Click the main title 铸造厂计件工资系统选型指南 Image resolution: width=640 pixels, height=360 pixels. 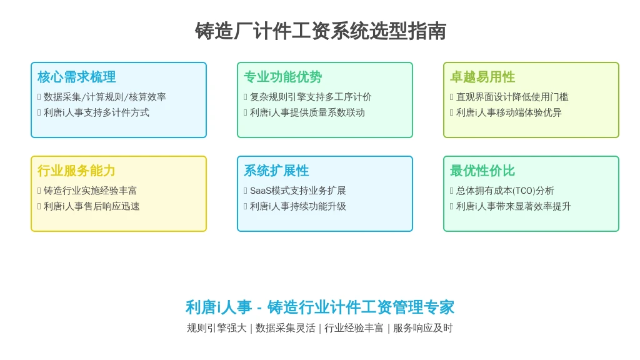click(321, 31)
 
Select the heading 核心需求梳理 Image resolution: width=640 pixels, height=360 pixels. click(77, 77)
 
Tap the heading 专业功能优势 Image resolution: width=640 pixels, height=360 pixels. click(283, 77)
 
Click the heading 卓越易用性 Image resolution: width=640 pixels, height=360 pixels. click(482, 77)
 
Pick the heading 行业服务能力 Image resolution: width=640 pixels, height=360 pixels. click(76, 171)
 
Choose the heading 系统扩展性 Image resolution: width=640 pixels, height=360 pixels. click(276, 171)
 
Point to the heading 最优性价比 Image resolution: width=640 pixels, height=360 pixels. click(482, 171)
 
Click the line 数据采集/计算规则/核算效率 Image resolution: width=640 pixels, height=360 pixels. click(105, 97)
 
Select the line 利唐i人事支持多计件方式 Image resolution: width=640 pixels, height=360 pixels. click(96, 112)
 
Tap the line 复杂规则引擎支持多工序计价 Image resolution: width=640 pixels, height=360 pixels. click(311, 97)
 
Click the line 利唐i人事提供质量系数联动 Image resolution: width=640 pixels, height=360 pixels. click(307, 112)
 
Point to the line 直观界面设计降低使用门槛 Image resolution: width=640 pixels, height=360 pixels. click(512, 97)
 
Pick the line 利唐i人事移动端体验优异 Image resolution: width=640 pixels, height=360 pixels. click(509, 112)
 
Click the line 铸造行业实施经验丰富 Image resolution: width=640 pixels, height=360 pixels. click(90, 191)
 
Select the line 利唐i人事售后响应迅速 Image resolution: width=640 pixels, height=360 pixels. click(91, 206)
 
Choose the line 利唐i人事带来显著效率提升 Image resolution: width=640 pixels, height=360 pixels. click(514, 206)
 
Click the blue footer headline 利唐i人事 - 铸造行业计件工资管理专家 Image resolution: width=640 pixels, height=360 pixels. click(320, 307)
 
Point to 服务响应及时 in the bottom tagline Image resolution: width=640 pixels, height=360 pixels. click(423, 327)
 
